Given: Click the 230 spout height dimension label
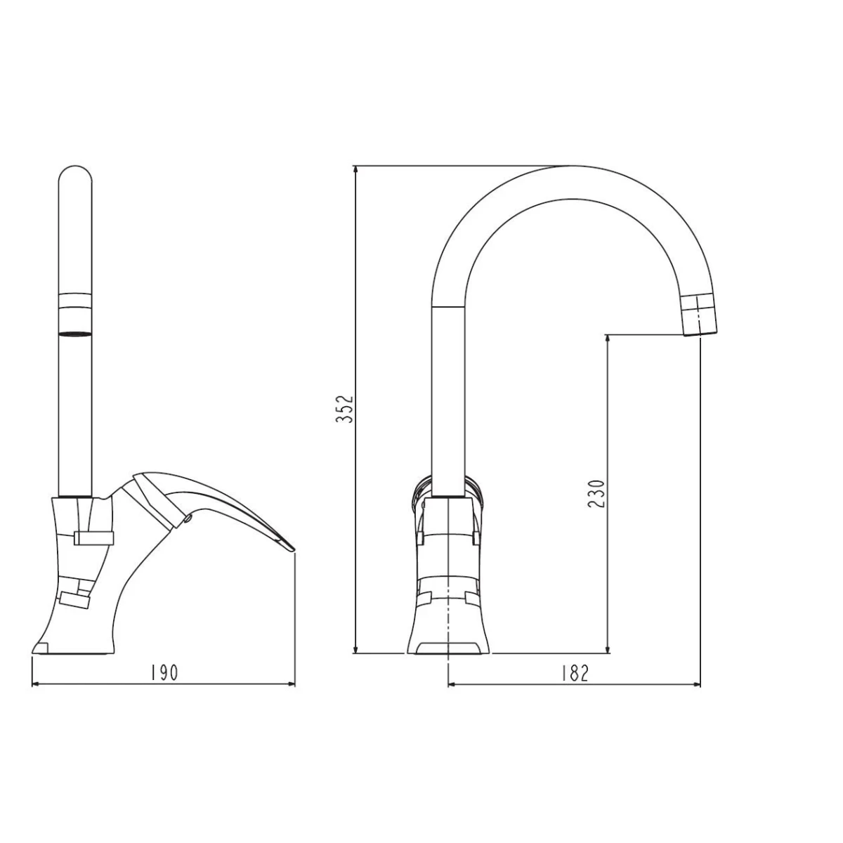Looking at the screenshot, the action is [x=596, y=494].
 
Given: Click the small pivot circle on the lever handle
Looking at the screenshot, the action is [x=188, y=519].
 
